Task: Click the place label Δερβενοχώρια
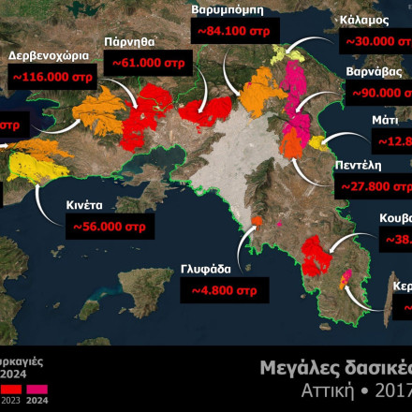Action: pos(47,55)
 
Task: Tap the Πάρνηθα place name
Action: pos(129,42)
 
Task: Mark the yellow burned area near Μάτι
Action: pos(316,142)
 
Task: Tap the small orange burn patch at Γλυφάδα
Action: pos(257,220)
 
